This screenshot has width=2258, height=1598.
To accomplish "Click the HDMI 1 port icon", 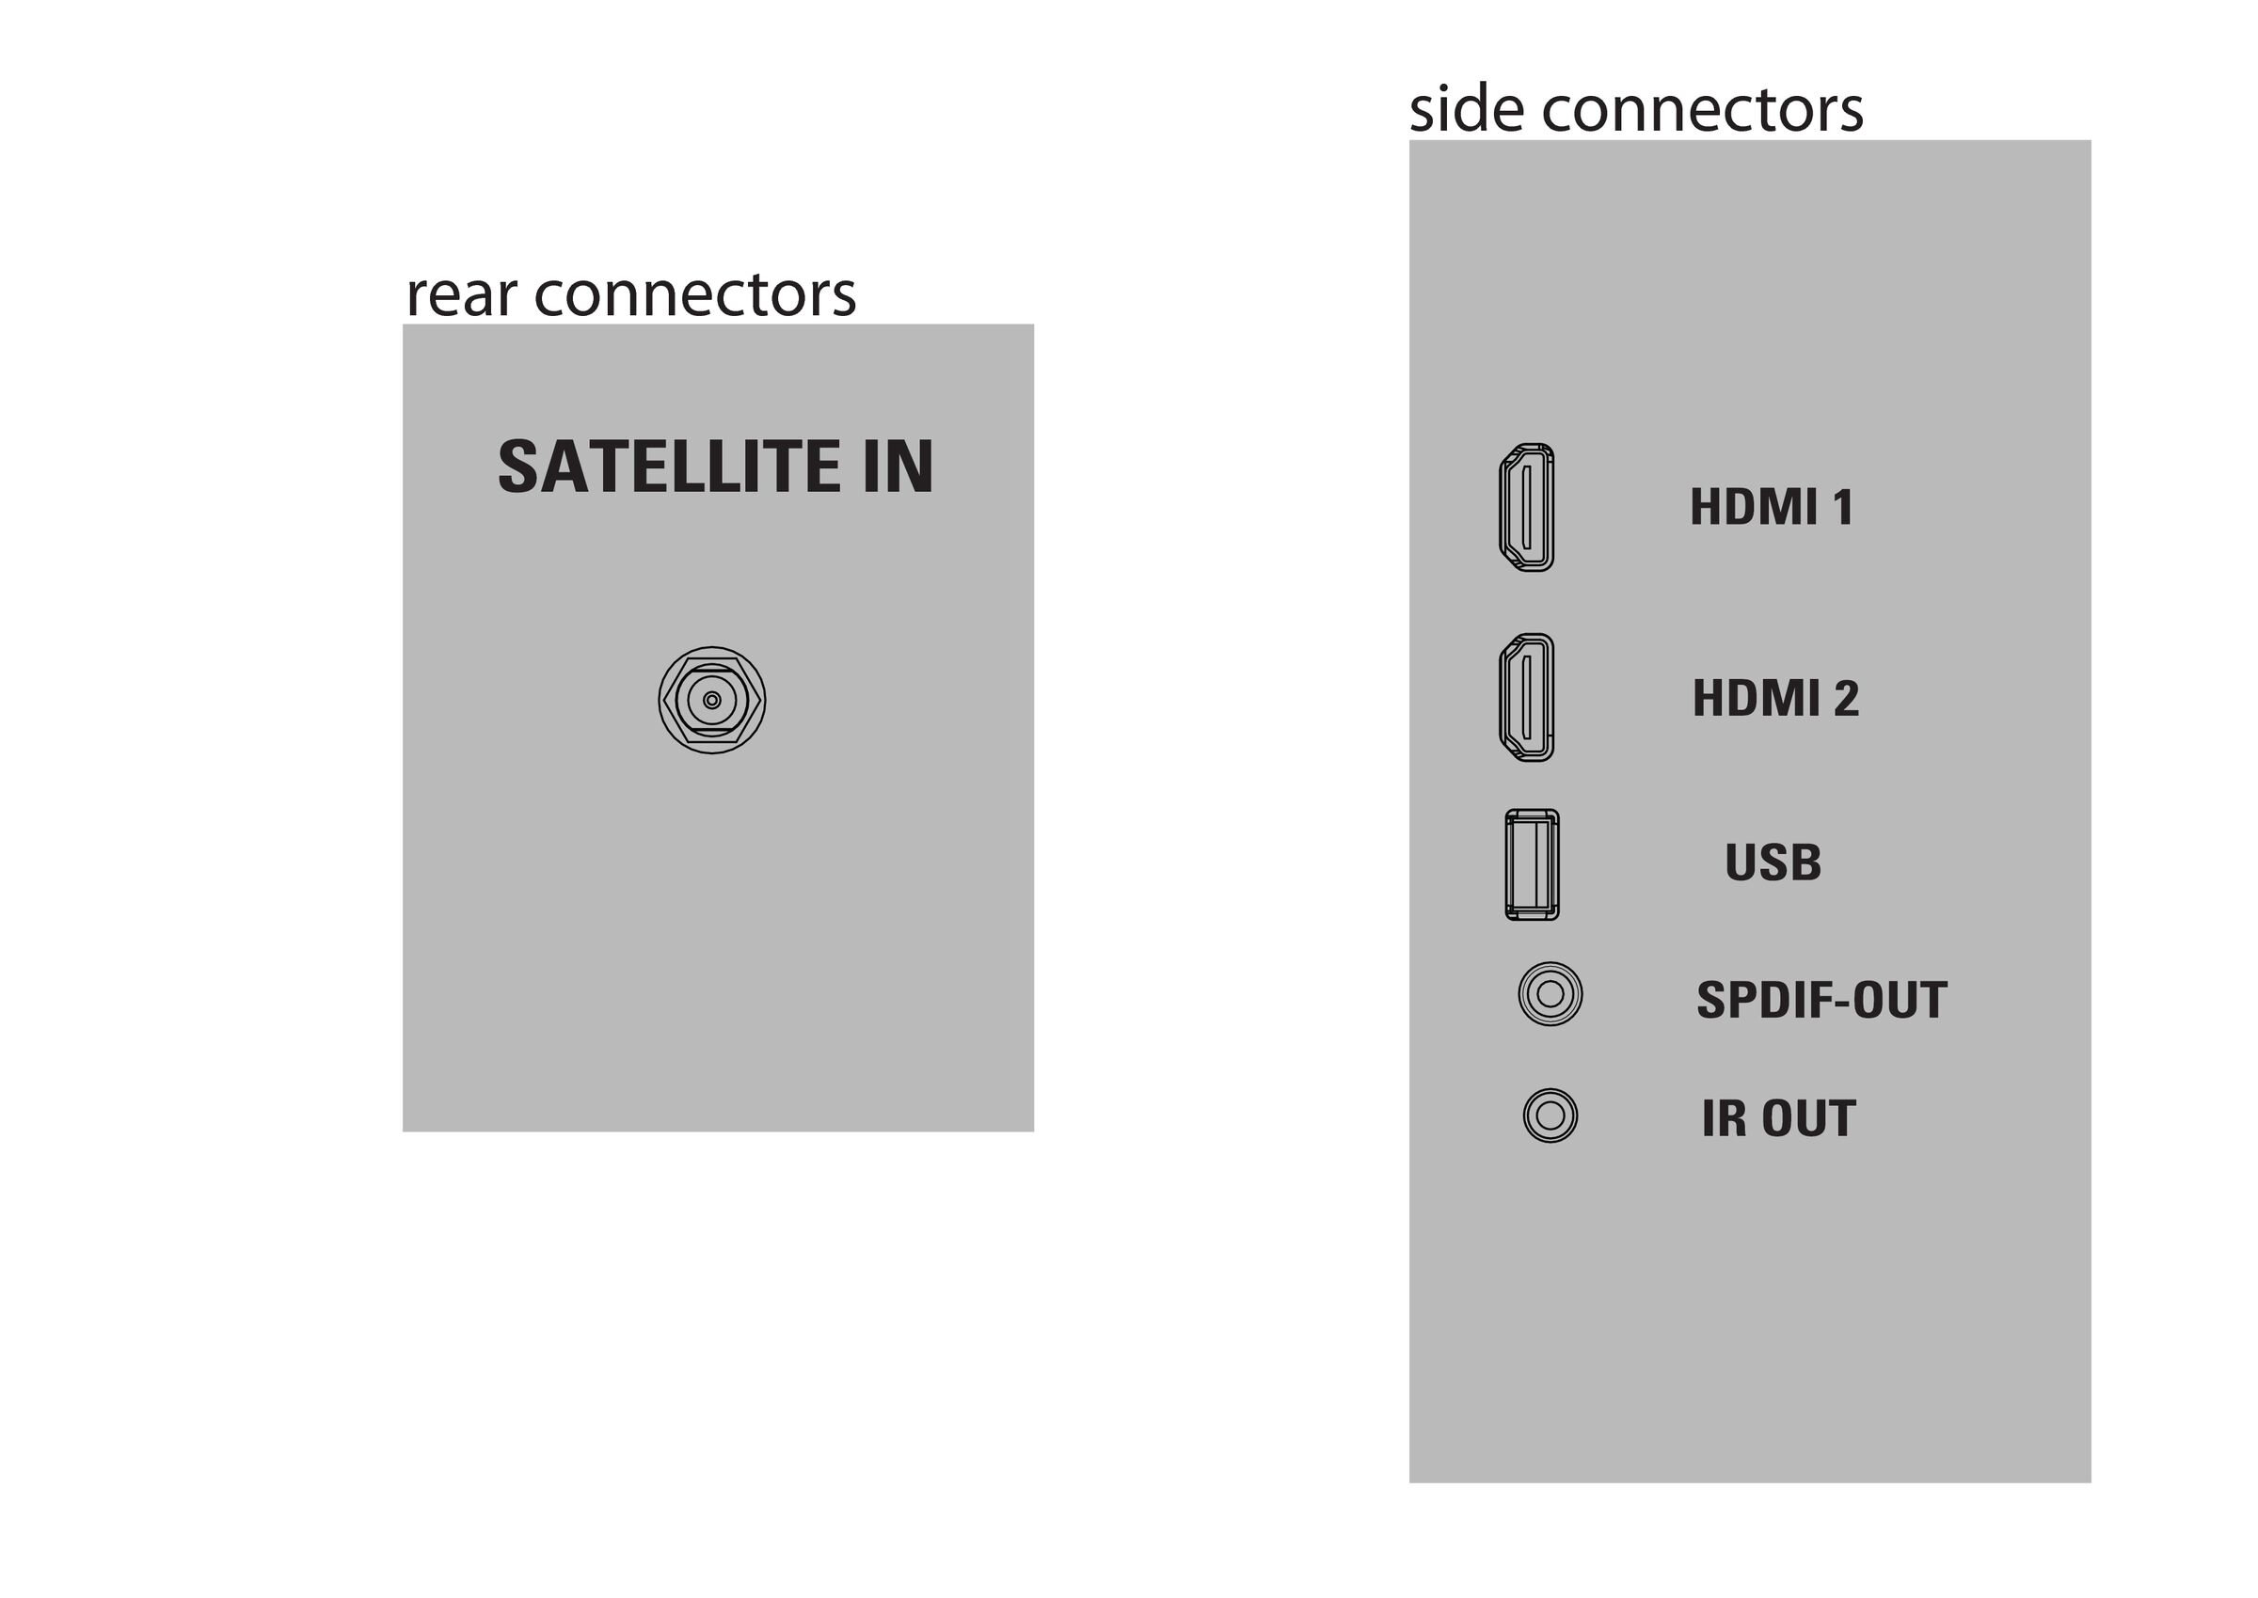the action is pyautogui.click(x=1527, y=508).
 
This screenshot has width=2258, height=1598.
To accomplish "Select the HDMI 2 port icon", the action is pyautogui.click(x=1527, y=698).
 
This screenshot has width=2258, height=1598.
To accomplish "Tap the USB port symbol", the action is pyautogui.click(x=1532, y=865).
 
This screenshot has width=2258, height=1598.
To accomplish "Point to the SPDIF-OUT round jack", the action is pyautogui.click(x=1550, y=994).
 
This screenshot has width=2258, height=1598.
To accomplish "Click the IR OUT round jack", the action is pyautogui.click(x=1550, y=1115).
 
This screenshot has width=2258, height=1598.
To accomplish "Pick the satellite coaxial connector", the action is pyautogui.click(x=711, y=701).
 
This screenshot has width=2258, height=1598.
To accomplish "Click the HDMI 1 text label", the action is pyautogui.click(x=1772, y=508).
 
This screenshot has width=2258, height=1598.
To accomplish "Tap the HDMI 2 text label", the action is pyautogui.click(x=1775, y=698).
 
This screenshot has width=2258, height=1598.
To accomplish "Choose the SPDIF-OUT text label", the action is pyautogui.click(x=1821, y=1001).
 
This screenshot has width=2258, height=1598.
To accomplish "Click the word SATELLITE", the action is pyautogui.click(x=669, y=467).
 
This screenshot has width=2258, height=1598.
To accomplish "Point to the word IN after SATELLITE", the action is pyautogui.click(x=898, y=467).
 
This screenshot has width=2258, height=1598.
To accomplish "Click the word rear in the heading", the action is pyautogui.click(x=462, y=297).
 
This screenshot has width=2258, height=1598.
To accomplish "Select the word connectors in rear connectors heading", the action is pyautogui.click(x=695, y=295).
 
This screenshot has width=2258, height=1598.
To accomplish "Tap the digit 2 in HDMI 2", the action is pyautogui.click(x=1846, y=698).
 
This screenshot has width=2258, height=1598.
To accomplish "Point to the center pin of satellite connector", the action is pyautogui.click(x=711, y=701).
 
